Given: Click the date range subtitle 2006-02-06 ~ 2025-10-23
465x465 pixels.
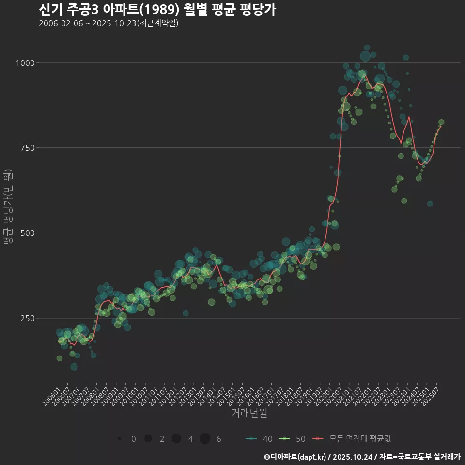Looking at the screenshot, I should tap(108, 23).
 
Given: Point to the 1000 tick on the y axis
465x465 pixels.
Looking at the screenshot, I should tap(26, 63).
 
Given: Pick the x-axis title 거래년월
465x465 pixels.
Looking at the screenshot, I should tap(249, 413).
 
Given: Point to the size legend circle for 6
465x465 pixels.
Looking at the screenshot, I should tap(205, 439).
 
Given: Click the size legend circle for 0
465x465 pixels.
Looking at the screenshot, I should tap(119, 439).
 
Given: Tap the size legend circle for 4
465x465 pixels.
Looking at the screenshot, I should tap(176, 439).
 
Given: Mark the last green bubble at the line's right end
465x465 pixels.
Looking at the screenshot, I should tap(441, 123).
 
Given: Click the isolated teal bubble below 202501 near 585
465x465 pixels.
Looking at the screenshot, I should tap(430, 203).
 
